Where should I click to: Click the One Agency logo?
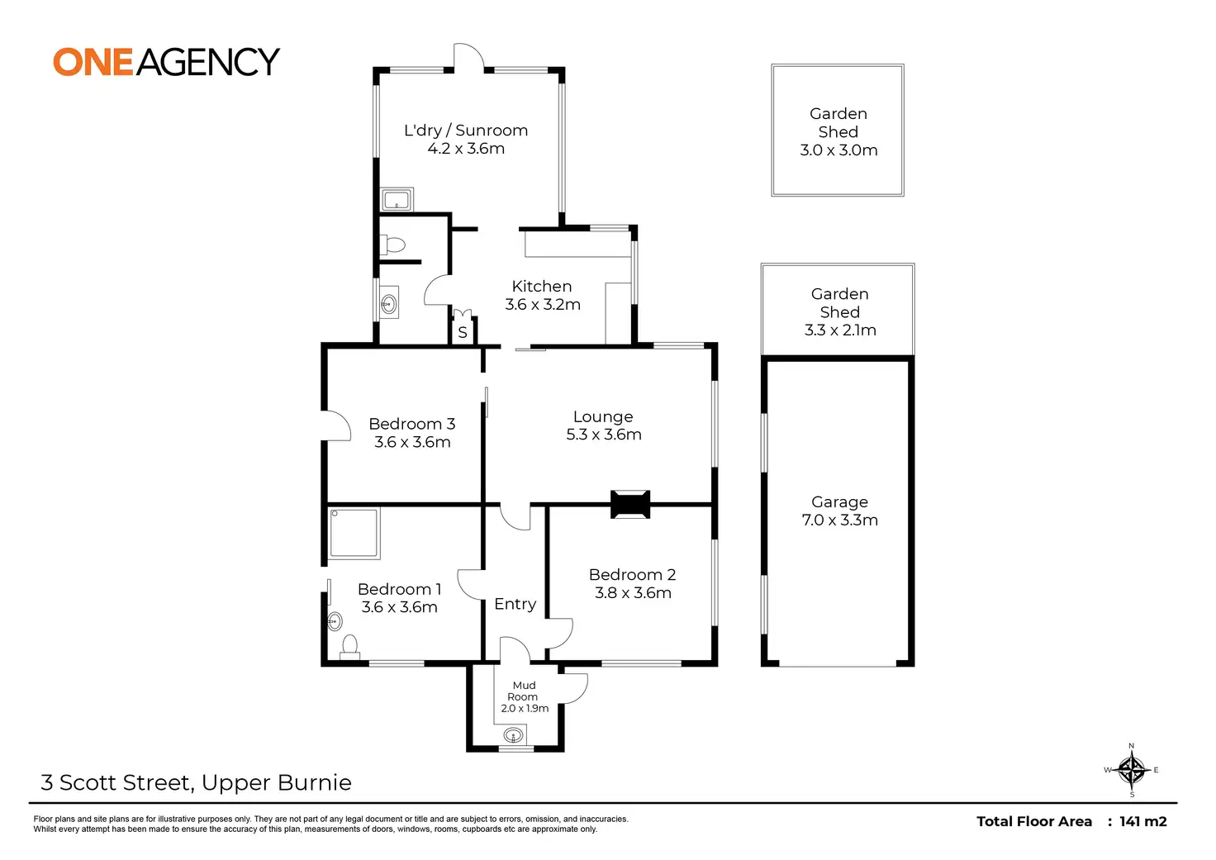pyautogui.click(x=167, y=61)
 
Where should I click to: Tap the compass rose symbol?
pyautogui.click(x=1132, y=770)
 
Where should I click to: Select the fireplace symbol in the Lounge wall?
pyautogui.click(x=630, y=505)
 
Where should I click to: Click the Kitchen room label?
pyautogui.click(x=542, y=286)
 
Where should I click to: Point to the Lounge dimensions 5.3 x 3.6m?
pyautogui.click(x=604, y=435)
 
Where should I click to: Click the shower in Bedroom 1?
pyautogui.click(x=354, y=533)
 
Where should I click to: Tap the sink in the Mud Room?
pyautogui.click(x=513, y=736)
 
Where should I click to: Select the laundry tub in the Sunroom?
pyautogui.click(x=397, y=200)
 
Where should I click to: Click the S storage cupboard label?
pyautogui.click(x=463, y=332)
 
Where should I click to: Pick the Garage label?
pyautogui.click(x=839, y=502)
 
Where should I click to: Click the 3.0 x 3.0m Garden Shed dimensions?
pyautogui.click(x=838, y=150)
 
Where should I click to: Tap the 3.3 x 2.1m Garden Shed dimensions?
pyautogui.click(x=840, y=330)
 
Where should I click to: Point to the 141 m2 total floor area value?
pyautogui.click(x=1143, y=821)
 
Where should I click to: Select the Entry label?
pyautogui.click(x=515, y=604)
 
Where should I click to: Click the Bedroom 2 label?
pyautogui.click(x=633, y=574)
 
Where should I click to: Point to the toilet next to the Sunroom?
pyautogui.click(x=392, y=245)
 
